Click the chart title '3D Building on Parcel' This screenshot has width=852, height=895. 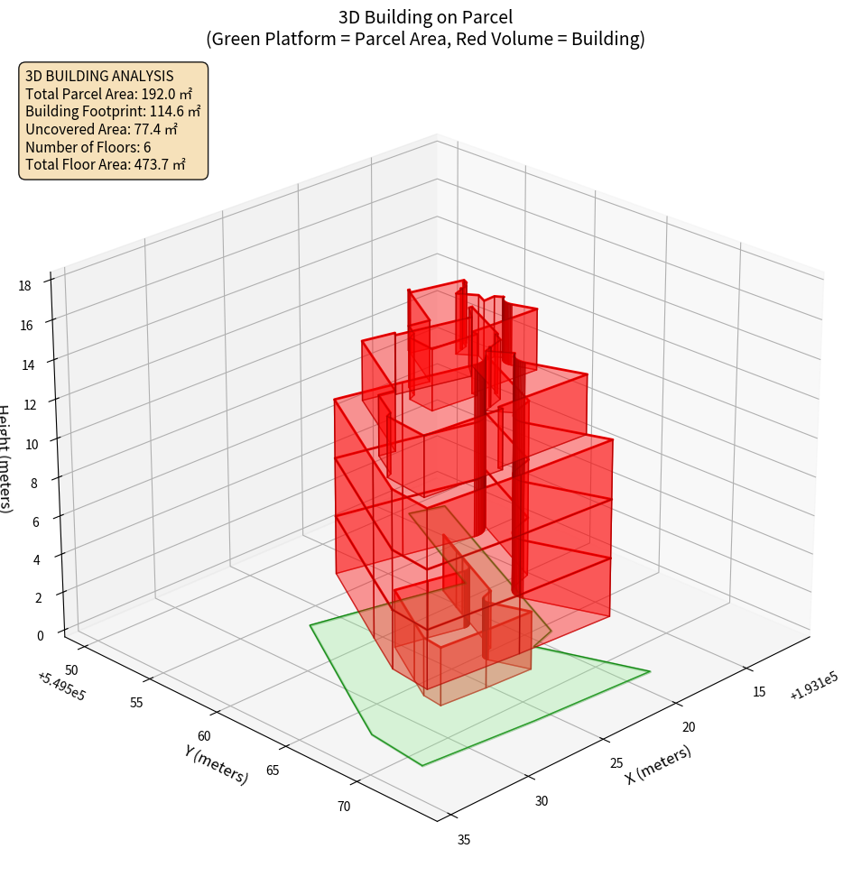tap(425, 16)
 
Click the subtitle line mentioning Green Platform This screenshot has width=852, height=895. tap(425, 39)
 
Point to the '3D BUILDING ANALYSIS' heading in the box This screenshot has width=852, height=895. tap(99, 76)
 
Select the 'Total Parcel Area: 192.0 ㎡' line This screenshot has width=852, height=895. tap(108, 94)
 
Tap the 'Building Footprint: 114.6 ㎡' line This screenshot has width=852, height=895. tap(113, 111)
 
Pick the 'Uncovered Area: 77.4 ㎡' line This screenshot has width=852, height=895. tap(105, 129)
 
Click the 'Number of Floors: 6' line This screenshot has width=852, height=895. tap(88, 147)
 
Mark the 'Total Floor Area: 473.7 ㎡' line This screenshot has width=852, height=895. tap(106, 164)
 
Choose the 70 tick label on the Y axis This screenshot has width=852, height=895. tap(345, 806)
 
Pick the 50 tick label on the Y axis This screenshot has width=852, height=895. tap(72, 669)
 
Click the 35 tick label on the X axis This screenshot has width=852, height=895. tap(464, 840)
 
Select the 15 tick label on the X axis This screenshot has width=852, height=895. tap(759, 692)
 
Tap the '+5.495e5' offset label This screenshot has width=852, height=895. tap(62, 687)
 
